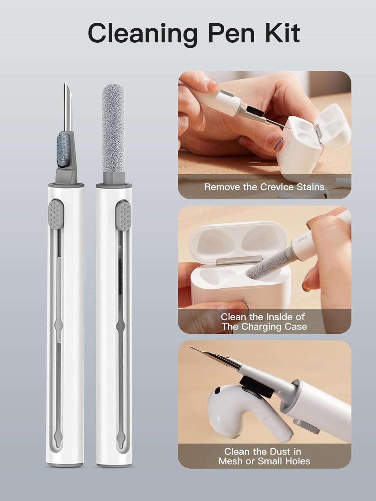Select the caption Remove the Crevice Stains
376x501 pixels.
264,187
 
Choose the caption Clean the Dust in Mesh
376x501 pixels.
264,456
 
